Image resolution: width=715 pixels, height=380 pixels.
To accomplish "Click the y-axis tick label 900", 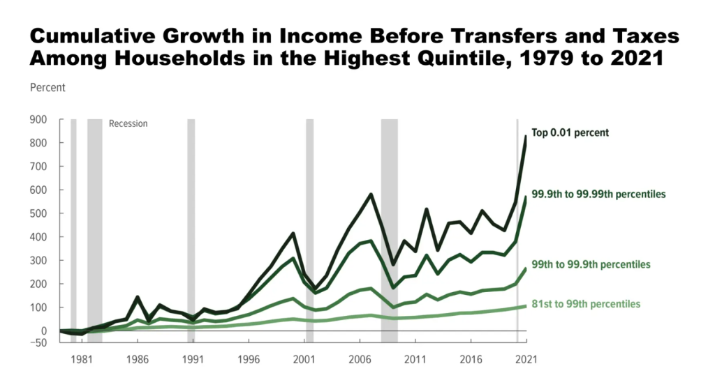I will click(38, 119).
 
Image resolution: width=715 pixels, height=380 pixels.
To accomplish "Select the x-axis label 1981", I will click(82, 360).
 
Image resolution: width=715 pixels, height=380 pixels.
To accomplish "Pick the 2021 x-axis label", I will click(526, 360).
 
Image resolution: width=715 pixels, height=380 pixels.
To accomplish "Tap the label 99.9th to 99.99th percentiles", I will click(598, 194).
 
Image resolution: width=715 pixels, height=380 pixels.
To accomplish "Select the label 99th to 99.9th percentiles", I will click(591, 264).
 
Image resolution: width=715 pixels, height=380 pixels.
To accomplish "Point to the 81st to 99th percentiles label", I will click(586, 304).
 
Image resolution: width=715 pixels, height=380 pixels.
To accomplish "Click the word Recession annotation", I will click(128, 123).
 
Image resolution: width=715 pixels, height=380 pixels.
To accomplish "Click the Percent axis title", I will click(47, 88).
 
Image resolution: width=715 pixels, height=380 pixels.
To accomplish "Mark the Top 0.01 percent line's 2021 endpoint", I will click(526, 137).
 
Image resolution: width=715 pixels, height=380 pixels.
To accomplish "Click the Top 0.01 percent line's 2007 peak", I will click(371, 195).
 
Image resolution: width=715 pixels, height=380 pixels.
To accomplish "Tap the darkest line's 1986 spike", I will click(138, 298).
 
